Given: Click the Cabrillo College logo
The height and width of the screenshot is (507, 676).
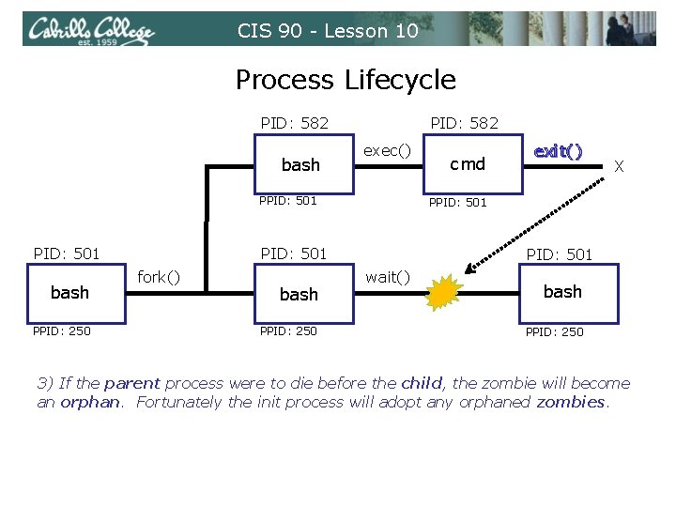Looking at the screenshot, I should tap(91, 31).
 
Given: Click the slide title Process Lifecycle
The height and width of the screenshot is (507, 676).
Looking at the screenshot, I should tap(346, 80).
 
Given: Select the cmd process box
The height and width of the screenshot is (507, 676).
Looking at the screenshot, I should tap(467, 164).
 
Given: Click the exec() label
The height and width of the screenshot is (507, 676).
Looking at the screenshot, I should tap(388, 150).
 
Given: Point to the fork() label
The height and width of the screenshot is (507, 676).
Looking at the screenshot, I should tap(160, 277).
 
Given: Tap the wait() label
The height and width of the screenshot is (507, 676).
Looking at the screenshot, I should tap(388, 276).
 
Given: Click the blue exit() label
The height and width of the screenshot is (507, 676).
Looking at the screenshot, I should tap(558, 151).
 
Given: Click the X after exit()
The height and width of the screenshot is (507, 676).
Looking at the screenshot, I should tap(619, 166).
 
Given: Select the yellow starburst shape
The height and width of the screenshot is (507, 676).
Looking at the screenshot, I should tap(444, 294).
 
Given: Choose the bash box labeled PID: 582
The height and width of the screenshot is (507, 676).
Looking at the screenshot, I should tap(300, 164).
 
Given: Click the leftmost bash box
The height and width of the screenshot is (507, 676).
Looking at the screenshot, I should tap(69, 292).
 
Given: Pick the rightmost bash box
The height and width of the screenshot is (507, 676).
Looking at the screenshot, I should tap(562, 292).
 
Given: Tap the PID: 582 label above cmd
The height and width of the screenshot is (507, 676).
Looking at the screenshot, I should tap(464, 123).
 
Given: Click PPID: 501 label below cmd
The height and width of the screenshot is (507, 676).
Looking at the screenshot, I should tap(457, 202).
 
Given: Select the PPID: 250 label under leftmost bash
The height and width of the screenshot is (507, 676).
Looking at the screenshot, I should tap(61, 330).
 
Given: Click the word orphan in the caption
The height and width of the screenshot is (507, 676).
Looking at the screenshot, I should tap(91, 402).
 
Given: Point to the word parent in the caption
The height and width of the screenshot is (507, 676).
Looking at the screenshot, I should tap(131, 383).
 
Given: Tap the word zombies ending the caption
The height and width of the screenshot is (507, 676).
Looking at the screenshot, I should tap(571, 402).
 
